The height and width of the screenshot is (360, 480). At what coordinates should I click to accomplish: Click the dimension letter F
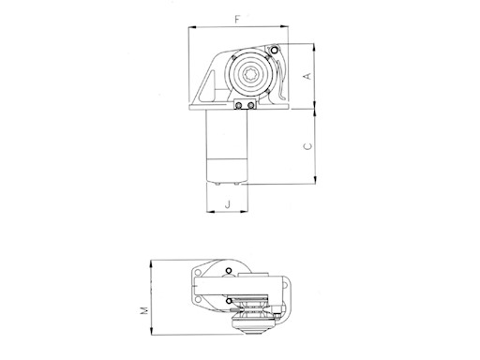pyautogui.click(x=237, y=20)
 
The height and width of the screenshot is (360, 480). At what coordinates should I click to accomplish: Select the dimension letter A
pyautogui.click(x=308, y=76)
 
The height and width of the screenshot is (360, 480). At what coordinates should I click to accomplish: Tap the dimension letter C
pyautogui.click(x=308, y=146)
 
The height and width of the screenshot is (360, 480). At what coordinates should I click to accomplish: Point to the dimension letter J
pyautogui.click(x=228, y=204)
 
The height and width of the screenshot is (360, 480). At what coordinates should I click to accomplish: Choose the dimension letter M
pyautogui.click(x=144, y=310)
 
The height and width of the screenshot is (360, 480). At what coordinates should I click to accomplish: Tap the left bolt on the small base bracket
pyautogui.click(x=239, y=105)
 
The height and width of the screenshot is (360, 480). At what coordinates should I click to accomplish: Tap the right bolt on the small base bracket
pyautogui.click(x=250, y=105)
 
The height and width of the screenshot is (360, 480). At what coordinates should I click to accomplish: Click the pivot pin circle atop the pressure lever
pyautogui.click(x=274, y=51)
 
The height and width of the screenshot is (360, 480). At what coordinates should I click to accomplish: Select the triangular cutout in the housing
pyautogui.click(x=208, y=88)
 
